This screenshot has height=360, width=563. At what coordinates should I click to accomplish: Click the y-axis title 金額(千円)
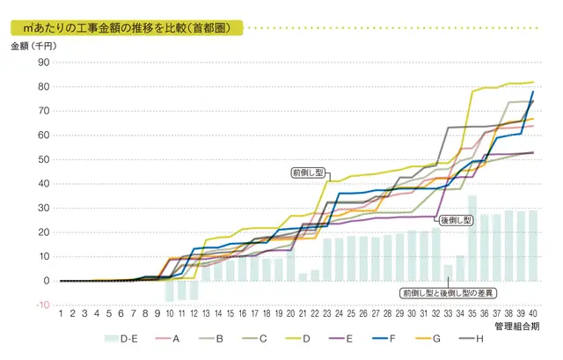(x=34, y=47)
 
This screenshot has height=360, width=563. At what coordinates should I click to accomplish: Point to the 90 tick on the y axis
(x=42, y=63)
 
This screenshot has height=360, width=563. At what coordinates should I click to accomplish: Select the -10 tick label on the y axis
(x=40, y=305)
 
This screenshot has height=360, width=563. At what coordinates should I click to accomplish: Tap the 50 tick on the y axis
(x=42, y=160)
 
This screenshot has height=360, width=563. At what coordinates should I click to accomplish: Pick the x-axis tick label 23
(x=326, y=312)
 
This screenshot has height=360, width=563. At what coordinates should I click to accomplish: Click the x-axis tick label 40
(x=533, y=312)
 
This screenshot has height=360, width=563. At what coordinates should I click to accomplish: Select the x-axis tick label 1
(x=60, y=312)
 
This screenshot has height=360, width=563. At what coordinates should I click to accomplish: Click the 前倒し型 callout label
(x=307, y=173)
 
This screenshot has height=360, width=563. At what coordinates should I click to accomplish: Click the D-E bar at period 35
(x=472, y=239)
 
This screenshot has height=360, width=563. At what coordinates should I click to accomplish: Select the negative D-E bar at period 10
(x=170, y=291)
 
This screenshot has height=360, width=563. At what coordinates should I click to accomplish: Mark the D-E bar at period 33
(x=448, y=273)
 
